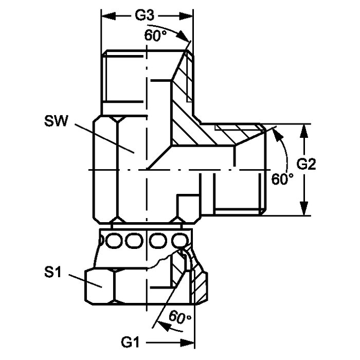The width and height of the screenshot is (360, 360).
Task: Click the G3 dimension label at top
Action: (146, 16)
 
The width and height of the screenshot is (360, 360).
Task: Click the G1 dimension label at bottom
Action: (131, 341)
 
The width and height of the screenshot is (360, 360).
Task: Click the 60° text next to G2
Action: (282, 179)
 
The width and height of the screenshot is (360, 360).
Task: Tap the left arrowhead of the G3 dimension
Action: (106, 16)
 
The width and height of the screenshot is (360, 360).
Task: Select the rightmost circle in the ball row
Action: (178, 240)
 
